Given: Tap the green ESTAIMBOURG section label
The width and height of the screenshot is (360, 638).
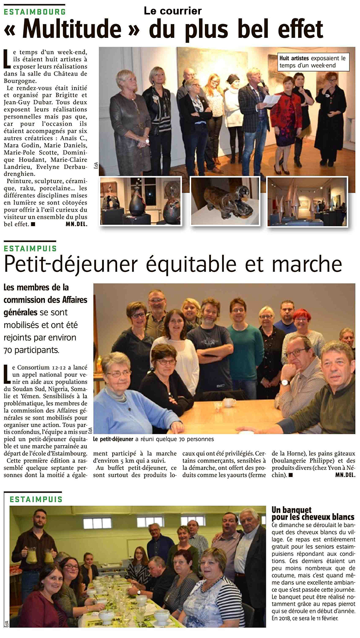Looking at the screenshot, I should point(35,12).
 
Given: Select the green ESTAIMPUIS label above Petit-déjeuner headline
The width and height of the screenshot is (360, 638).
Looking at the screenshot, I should point(30,248).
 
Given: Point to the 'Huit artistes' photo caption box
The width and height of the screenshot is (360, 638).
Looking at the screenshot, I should point(312,62).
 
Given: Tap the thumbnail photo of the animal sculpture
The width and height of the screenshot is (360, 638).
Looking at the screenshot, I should point(225,201).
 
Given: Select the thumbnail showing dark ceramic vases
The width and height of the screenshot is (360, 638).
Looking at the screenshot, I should point(141,201).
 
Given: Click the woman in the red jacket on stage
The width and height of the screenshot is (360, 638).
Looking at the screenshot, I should point(287,115).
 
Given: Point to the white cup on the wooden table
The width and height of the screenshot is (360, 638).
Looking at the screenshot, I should point(228,403).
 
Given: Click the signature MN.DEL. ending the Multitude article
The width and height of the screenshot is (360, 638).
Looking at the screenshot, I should point(76,224).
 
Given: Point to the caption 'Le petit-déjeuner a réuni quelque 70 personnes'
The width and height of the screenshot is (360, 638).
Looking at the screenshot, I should point(154,439).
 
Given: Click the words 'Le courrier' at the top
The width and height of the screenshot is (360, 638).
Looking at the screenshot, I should point(173,11).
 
